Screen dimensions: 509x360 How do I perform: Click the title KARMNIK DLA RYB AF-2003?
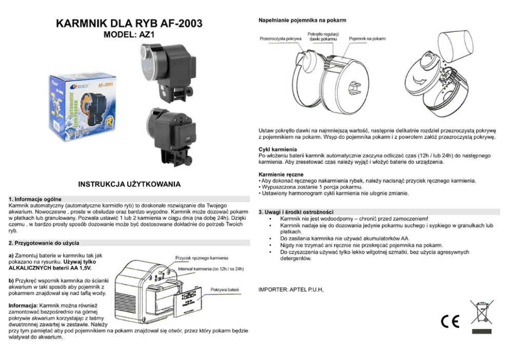[x=129, y=24]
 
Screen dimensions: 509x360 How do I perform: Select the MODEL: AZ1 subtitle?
[x=129, y=34]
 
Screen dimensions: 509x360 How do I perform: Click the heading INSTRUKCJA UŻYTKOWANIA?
[x=129, y=184]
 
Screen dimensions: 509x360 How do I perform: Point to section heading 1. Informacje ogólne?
[x=35, y=199]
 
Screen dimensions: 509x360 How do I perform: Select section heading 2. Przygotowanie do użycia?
[x=44, y=243]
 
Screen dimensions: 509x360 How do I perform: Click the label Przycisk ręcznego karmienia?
[x=202, y=258]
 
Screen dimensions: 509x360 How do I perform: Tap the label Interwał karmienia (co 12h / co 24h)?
[x=211, y=269]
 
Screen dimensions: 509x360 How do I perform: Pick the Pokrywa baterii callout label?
[x=225, y=290]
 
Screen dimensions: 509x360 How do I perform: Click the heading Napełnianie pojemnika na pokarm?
[x=302, y=20]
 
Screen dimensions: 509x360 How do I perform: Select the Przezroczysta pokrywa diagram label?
[x=281, y=39]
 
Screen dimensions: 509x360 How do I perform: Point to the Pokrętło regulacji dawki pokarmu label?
[x=323, y=36]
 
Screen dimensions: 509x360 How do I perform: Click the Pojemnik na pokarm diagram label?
[x=367, y=39]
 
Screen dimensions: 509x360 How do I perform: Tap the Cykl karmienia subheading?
[x=278, y=149]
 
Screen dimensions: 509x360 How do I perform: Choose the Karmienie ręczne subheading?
[x=281, y=175]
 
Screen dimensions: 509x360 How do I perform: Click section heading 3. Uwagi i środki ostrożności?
[x=296, y=212]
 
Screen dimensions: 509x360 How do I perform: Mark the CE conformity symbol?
[x=450, y=321]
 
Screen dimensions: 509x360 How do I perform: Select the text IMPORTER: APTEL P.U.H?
[x=291, y=290]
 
